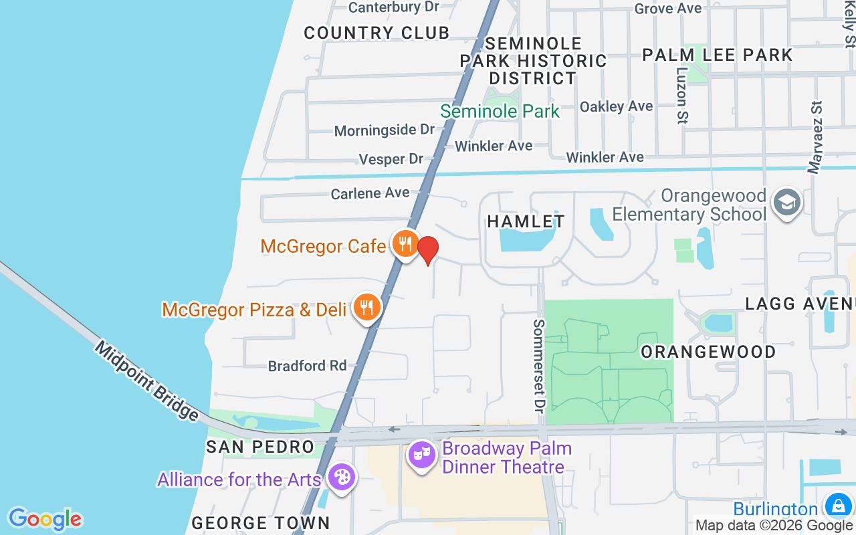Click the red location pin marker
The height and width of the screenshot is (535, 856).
point(428,251)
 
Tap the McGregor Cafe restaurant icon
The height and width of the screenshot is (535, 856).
point(405,244)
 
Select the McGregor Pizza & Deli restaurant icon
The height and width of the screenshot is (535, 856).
point(366,308)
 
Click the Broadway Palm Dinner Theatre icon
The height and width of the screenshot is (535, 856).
point(422,455)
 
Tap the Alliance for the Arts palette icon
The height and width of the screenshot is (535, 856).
point(342,478)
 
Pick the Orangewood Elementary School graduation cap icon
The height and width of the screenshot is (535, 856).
point(786,201)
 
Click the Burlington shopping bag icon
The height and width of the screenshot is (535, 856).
point(837,506)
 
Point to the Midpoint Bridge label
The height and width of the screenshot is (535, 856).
point(146,381)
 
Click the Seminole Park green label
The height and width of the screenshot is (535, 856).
point(500,111)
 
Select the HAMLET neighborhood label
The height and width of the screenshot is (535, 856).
point(526,221)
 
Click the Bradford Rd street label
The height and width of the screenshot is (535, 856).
point(308,366)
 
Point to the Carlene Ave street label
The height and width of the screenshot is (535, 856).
point(370,193)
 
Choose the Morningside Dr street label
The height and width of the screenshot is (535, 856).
point(385,130)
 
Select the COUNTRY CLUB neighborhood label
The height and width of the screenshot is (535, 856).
point(377,33)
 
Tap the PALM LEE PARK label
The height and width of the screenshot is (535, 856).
point(718,55)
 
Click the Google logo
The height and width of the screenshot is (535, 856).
point(45,519)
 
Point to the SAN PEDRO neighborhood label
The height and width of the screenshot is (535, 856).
point(260,447)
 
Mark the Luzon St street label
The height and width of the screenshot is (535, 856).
point(681,95)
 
